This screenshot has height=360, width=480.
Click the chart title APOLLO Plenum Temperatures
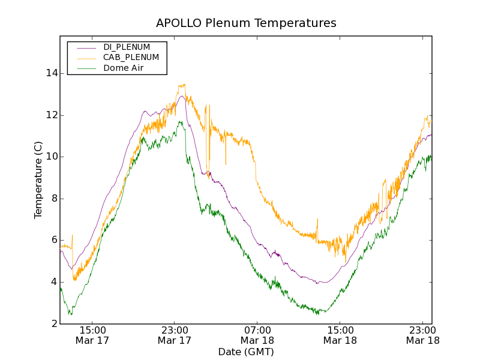[246, 23]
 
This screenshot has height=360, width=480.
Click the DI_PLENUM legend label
[127, 47]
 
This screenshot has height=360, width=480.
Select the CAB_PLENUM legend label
[131, 58]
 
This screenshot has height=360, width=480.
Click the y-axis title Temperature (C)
[38, 180]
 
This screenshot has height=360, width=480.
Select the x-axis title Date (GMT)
[246, 352]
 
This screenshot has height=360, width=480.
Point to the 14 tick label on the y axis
[52, 73]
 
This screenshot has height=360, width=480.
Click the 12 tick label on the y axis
[52, 115]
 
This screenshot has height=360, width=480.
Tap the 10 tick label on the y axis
[52, 157]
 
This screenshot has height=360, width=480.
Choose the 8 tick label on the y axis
[55, 199]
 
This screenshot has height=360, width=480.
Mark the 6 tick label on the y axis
[55, 240]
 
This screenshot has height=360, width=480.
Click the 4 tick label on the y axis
[55, 282]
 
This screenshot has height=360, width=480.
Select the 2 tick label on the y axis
[55, 324]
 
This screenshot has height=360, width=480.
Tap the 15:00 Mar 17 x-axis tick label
[92, 335]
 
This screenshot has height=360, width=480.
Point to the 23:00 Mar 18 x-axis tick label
[422, 335]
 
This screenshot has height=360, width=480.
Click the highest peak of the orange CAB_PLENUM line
[183, 85]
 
